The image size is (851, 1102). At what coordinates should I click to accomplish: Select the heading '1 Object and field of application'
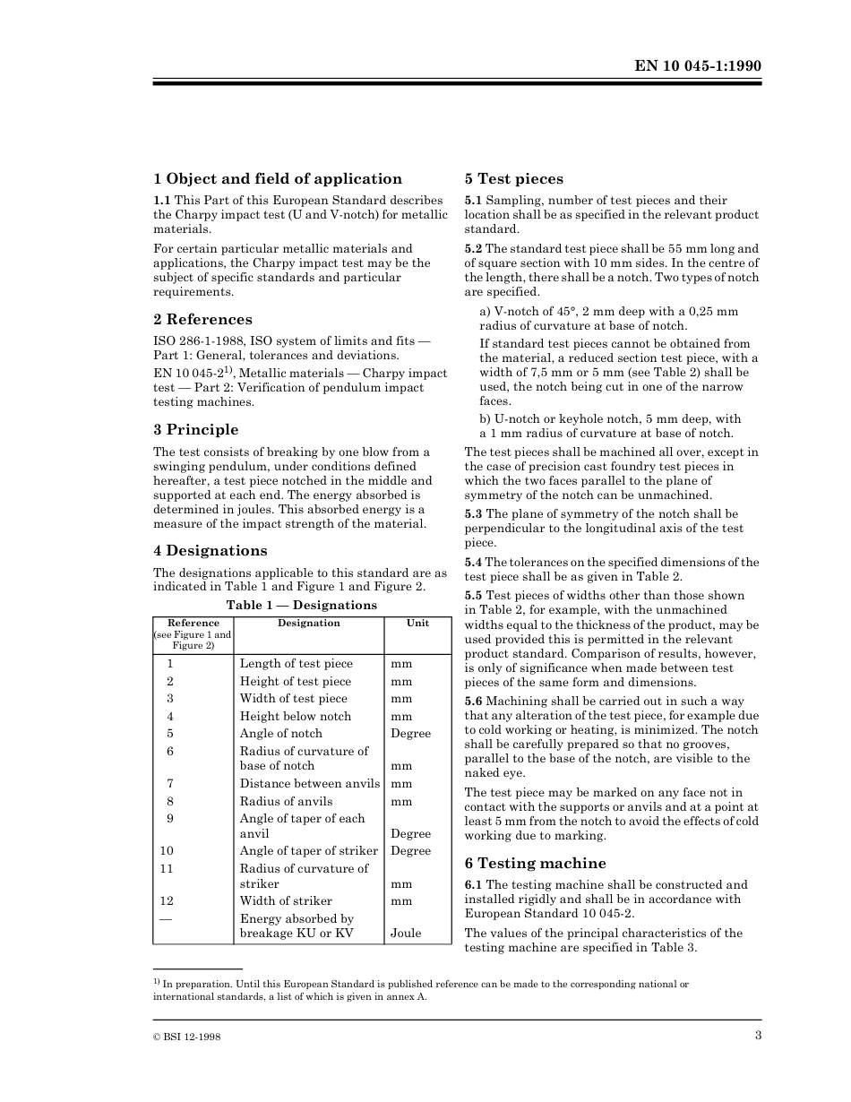click(278, 179)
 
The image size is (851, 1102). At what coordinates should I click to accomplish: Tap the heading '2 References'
click(202, 320)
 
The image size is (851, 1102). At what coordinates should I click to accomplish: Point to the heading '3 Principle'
click(195, 430)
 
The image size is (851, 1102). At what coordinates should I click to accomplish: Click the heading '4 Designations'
click(210, 551)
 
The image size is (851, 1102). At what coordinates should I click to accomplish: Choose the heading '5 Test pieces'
click(513, 179)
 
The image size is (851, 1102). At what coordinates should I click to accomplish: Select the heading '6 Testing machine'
click(535, 864)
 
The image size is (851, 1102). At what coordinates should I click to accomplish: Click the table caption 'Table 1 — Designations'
click(301, 606)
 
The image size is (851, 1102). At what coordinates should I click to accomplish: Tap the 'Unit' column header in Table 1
click(417, 624)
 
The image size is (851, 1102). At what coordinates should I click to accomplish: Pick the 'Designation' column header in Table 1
click(308, 624)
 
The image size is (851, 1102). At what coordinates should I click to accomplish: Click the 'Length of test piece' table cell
click(296, 664)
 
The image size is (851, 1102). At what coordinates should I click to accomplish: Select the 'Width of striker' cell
click(286, 901)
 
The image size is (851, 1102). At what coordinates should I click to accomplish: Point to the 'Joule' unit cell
click(406, 934)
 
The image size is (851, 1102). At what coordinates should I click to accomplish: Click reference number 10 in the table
click(167, 851)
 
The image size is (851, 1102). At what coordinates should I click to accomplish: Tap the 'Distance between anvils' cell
click(309, 784)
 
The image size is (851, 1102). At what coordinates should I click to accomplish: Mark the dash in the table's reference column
click(167, 919)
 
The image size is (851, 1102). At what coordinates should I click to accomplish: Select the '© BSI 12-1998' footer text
click(187, 1037)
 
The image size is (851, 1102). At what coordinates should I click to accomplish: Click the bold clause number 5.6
click(473, 702)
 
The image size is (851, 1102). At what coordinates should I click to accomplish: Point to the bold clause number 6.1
click(473, 885)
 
